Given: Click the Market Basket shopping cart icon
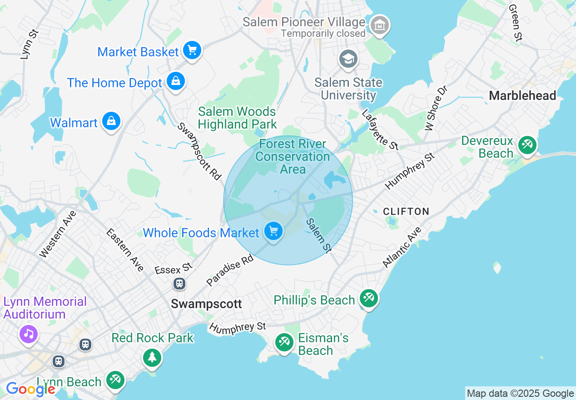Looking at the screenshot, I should pyautogui.click(x=192, y=50).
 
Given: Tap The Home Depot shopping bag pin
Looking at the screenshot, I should pyautogui.click(x=175, y=81).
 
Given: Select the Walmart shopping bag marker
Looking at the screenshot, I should pyautogui.click(x=111, y=121).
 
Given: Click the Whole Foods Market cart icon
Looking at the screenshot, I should pyautogui.click(x=273, y=231).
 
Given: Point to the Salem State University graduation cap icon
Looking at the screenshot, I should pyautogui.click(x=348, y=59).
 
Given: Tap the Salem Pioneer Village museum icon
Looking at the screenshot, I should pyautogui.click(x=379, y=25).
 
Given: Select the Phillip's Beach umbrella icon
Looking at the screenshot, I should pyautogui.click(x=369, y=299).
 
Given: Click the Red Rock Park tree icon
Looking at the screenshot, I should pyautogui.click(x=152, y=357).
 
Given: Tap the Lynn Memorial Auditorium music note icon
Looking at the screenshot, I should pyautogui.click(x=29, y=334).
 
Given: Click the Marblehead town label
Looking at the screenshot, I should pyautogui.click(x=522, y=95).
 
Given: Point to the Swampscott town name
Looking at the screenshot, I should pyautogui.click(x=207, y=304).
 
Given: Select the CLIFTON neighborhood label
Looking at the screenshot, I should pyautogui.click(x=406, y=211).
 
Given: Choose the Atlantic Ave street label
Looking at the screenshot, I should pyautogui.click(x=402, y=247).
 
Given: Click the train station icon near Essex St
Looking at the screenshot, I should pyautogui.click(x=179, y=284).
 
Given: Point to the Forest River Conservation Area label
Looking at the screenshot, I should pyautogui.click(x=293, y=156).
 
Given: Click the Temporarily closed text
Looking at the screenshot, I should pyautogui.click(x=323, y=33).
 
